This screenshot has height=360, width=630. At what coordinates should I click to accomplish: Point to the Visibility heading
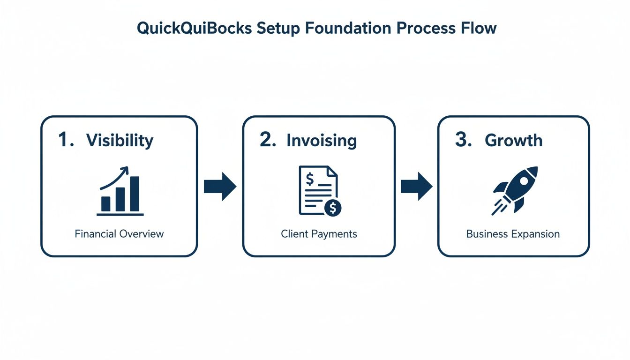[120, 141]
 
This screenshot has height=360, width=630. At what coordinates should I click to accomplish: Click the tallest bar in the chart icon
[135, 194]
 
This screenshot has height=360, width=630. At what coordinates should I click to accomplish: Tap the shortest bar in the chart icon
[106, 203]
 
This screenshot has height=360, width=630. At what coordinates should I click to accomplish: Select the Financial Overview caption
[119, 233]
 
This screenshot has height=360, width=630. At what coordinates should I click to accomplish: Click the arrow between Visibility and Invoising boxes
[220, 187]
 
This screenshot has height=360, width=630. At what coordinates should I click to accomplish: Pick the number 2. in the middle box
[268, 140]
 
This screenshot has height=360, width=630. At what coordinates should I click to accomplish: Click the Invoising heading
[322, 141]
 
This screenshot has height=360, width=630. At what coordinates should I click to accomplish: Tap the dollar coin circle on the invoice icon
[333, 208]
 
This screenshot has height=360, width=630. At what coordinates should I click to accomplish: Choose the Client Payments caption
[319, 233]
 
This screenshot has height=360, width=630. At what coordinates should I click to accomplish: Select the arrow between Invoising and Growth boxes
[416, 187]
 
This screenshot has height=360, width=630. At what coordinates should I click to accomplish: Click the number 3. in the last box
[463, 140]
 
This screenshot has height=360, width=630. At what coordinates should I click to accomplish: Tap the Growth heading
[513, 141]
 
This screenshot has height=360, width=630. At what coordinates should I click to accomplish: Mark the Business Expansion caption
[513, 233]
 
